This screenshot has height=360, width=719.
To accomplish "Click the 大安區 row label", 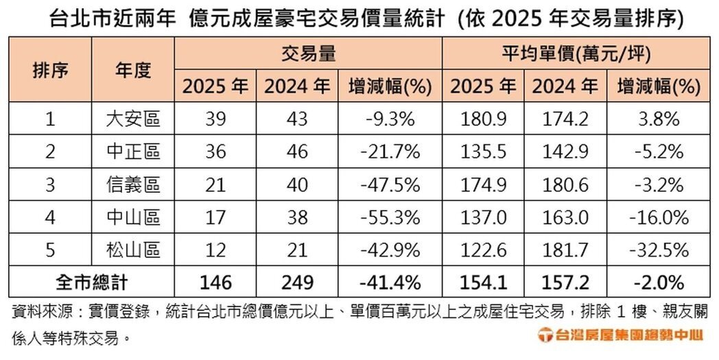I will click(x=132, y=119).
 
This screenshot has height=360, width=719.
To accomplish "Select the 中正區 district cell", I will click(x=132, y=152).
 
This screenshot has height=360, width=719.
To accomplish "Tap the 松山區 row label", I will click(x=132, y=250).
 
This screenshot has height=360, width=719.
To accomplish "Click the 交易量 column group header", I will click(x=307, y=53).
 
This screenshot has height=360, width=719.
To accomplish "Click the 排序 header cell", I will click(x=50, y=70).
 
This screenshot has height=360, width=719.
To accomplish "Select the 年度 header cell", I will click(x=132, y=70).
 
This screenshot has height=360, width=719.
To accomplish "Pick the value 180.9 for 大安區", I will click(x=484, y=119).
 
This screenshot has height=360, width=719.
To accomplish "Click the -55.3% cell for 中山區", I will click(x=390, y=217).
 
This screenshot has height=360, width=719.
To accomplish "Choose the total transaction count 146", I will click(x=215, y=283).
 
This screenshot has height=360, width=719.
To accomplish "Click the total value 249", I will click(x=297, y=283).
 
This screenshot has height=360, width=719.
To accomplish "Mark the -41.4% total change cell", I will click(x=390, y=283).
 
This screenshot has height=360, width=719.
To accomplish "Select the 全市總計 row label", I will click(x=91, y=283).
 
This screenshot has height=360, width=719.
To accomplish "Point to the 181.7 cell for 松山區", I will click(x=565, y=250).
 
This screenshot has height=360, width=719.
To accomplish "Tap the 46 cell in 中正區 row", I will click(x=297, y=152).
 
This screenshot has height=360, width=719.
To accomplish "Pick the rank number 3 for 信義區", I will click(x=50, y=184).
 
